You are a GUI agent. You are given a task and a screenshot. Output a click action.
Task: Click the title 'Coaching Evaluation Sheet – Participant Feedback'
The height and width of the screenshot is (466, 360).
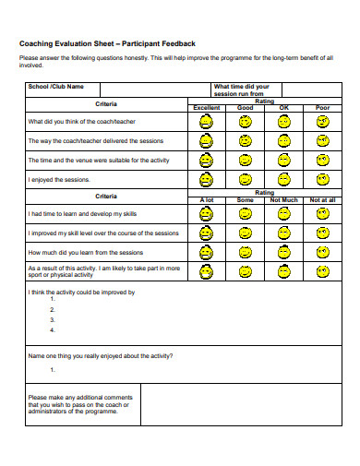click(107, 43)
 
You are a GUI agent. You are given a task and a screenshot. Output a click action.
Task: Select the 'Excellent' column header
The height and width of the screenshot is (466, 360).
click(206, 108)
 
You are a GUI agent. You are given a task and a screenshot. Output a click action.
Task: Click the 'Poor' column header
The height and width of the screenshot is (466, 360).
click(322, 108)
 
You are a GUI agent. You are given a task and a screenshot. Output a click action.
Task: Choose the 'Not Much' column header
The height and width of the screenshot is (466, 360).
click(283, 199)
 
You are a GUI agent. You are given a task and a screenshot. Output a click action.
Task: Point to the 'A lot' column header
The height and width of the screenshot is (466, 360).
click(206, 199)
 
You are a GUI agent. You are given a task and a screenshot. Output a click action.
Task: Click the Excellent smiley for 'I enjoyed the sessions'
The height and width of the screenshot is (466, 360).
click(206, 180)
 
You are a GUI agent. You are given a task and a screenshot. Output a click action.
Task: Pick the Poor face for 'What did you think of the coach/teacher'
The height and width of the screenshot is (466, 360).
click(323, 121)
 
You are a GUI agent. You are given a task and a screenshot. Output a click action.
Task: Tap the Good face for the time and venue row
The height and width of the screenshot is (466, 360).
click(245, 161)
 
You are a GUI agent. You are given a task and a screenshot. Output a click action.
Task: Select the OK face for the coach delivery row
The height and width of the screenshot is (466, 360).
click(283, 141)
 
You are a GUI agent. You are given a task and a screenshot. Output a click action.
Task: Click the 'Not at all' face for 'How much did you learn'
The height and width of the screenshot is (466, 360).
click(323, 252)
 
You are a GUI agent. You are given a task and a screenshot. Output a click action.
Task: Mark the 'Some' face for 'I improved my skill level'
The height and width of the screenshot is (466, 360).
click(245, 233)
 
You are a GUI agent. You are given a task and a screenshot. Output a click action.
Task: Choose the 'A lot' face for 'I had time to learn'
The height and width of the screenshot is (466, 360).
click(206, 213)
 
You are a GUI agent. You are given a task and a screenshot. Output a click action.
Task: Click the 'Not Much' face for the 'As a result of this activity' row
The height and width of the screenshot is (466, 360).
click(283, 272)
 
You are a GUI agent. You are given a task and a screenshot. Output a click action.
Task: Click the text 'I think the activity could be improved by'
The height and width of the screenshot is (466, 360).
click(81, 293)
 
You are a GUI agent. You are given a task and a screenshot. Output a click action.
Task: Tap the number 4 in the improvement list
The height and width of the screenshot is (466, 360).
click(52, 329)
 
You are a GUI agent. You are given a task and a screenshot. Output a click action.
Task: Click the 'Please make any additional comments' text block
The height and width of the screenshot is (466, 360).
click(78, 404)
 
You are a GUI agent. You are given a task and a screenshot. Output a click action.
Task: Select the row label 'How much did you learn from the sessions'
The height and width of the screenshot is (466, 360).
click(85, 252)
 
